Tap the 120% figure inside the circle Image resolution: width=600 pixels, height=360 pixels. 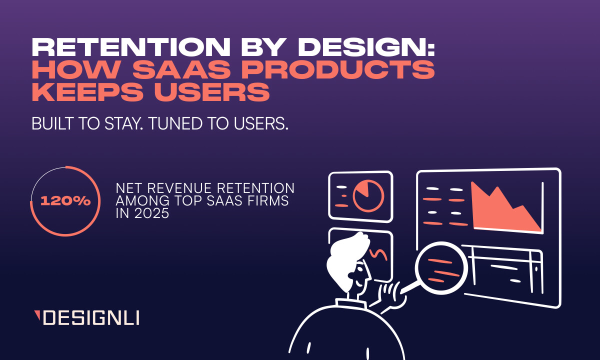point(65,201)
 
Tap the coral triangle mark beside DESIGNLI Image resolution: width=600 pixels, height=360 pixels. point(37,314)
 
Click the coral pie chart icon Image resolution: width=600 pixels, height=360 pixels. point(368,195)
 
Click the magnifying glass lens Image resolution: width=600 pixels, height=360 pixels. point(440,267)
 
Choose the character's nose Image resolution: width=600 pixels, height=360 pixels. point(369,274)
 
